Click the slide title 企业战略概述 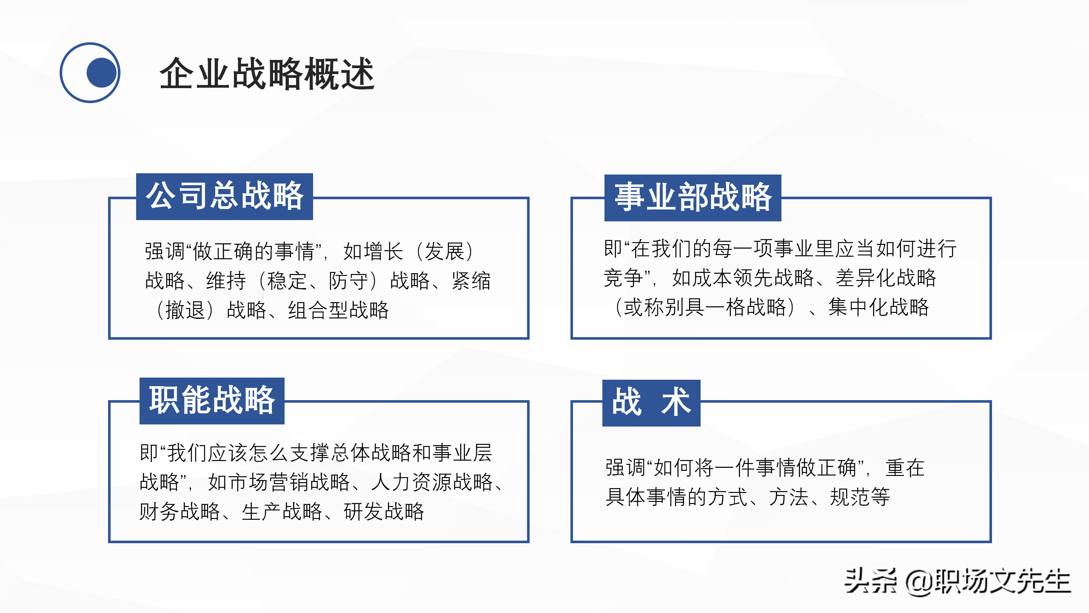pos(267,74)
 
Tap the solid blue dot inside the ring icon pos(102,73)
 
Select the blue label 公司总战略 pos(225,197)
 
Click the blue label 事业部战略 pos(693,198)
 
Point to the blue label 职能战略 pos(212,401)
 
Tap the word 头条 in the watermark pos(870,581)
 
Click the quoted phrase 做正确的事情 pos(254,252)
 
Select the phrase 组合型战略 pos(338,310)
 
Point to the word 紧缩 pos(471,281)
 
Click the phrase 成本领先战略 pos(743,278)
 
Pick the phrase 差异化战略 pos(886,278)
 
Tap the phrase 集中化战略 pos(878,307)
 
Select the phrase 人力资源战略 pos(431,482)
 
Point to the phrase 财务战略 pos(180,512)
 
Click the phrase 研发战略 pos(384,512)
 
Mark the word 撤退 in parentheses pos(185,310)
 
